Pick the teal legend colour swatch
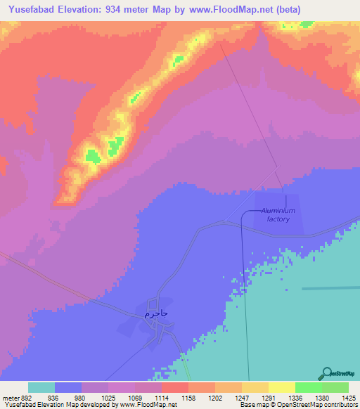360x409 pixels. [x=41, y=388]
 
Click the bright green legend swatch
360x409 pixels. [x=308, y=388]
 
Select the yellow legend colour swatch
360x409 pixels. [x=281, y=388]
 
